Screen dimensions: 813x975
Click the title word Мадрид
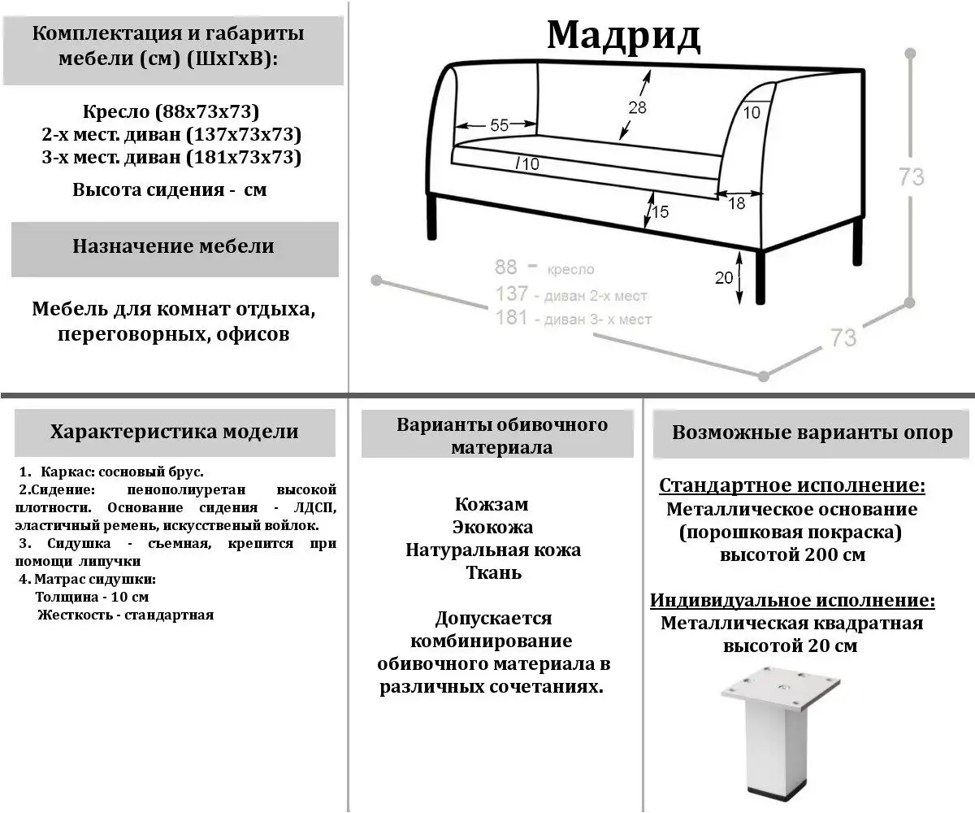[622, 34]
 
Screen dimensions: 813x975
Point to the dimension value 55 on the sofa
[499, 125]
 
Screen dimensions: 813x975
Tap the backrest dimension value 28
[637, 107]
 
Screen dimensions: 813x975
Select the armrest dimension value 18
[736, 204]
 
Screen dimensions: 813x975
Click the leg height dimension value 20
[724, 277]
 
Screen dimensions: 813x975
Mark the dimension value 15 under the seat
[660, 212]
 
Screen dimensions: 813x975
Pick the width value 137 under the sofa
[512, 294]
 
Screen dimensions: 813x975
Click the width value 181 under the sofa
[512, 318]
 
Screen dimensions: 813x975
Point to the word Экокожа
[493, 527]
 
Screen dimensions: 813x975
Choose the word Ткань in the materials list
[493, 572]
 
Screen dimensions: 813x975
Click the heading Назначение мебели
[174, 246]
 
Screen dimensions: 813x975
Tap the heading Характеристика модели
[174, 431]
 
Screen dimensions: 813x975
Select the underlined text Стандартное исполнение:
[791, 486]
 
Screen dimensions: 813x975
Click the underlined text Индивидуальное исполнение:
[791, 601]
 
